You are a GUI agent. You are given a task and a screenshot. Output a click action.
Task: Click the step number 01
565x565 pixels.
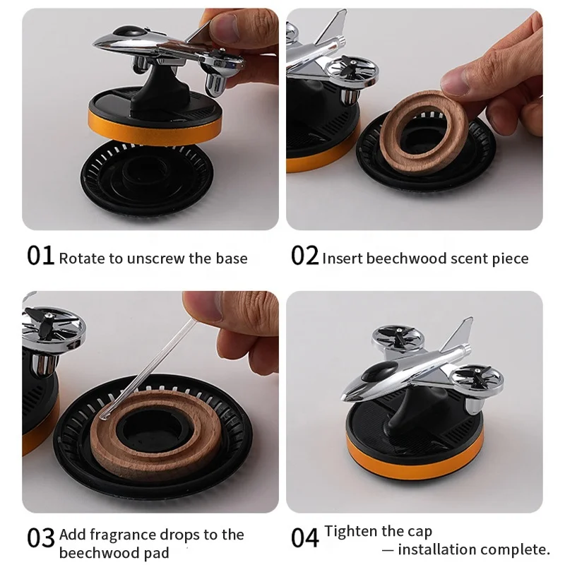coord(40,256)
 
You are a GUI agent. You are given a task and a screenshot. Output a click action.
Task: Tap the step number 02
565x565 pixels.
coord(304,256)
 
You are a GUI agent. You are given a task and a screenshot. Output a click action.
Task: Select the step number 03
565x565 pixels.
coord(40,538)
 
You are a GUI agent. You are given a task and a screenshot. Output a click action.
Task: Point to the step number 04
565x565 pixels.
coord(304,538)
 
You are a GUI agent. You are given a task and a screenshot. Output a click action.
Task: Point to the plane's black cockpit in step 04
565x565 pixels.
coord(379,371)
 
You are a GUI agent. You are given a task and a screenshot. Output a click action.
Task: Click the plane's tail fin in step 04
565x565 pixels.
coord(460,333)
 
